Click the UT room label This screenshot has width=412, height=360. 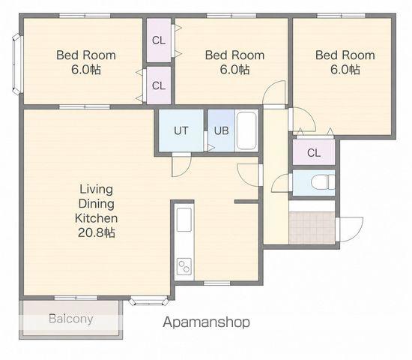click(181, 130)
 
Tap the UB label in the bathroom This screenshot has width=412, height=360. click(221, 130)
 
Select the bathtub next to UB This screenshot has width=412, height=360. click(246, 130)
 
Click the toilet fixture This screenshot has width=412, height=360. click(323, 182)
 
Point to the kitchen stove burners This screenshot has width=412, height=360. click(184, 266)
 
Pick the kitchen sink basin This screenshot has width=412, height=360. click(184, 220)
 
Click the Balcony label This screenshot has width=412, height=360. click(71, 319)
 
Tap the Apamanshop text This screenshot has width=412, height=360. click(206, 322)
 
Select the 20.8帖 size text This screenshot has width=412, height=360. click(96, 232)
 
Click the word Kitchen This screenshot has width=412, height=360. click(96, 218)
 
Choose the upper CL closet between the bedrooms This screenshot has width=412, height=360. click(159, 40)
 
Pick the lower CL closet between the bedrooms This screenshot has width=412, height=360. click(159, 85)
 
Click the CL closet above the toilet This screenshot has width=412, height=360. click(314, 153)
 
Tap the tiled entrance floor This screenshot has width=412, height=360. click(312, 228)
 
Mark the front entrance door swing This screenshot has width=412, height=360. click(351, 229)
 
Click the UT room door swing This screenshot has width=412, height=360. click(181, 165)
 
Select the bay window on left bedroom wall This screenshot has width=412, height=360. click(17, 64)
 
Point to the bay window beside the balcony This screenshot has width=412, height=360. click(149, 301)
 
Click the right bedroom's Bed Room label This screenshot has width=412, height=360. click(345, 55)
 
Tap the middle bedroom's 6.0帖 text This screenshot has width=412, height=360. click(234, 70)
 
